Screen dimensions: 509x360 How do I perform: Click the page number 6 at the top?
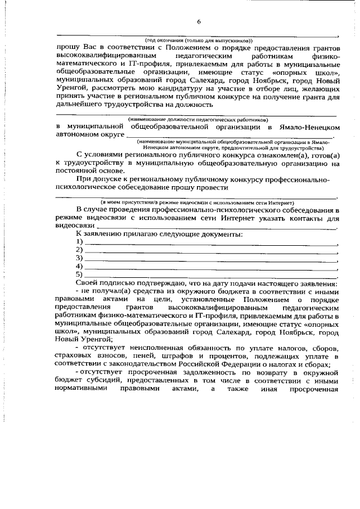click(199, 22)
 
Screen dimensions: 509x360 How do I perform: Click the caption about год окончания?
click(199, 40)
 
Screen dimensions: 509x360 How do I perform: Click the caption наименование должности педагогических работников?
click(198, 119)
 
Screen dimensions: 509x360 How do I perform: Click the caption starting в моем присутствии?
click(198, 202)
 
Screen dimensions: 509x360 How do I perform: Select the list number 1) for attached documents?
click(79, 242)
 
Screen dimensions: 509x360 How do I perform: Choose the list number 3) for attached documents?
click(79, 258)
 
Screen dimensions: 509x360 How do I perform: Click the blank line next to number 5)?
click(211, 276)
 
